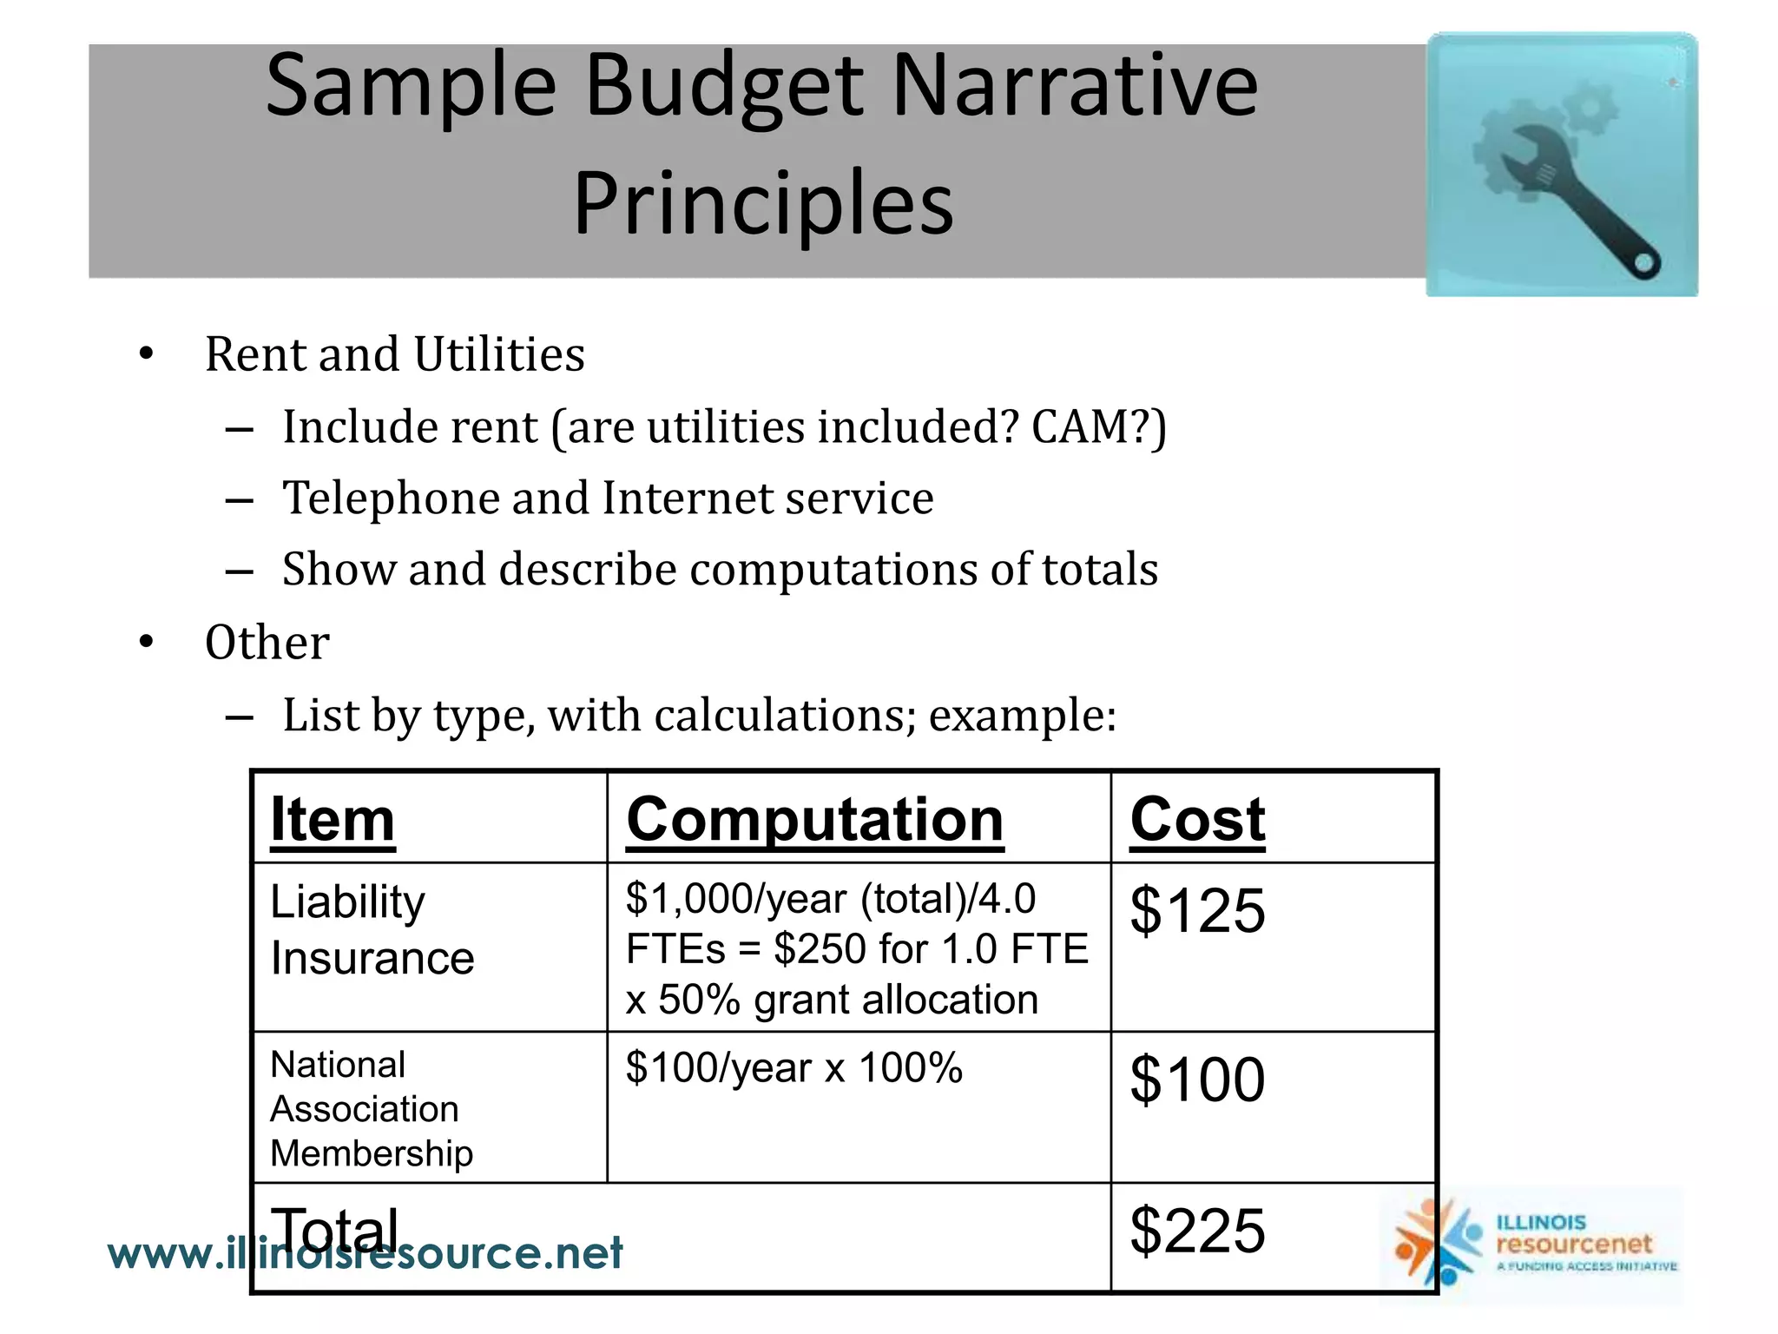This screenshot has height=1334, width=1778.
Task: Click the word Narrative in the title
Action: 1075,85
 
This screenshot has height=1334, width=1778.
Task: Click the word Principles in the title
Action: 763,203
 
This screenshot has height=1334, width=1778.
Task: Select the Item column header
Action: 333,819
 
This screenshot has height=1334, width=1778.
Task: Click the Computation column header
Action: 814,819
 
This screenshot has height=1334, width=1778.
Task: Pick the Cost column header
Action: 1197,819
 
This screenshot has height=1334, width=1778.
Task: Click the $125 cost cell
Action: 1197,910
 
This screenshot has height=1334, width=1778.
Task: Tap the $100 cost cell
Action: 1197,1080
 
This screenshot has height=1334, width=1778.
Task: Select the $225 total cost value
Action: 1197,1230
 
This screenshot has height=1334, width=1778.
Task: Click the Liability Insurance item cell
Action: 372,930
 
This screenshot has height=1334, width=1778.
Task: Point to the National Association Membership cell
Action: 372,1109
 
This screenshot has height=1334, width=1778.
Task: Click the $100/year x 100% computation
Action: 794,1067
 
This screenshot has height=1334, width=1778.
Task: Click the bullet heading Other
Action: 267,644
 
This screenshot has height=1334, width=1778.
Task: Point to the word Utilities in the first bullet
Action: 499,354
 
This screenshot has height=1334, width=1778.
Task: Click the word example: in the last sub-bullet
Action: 1022,716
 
